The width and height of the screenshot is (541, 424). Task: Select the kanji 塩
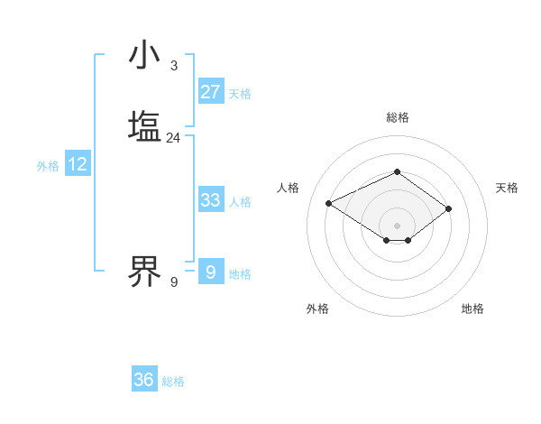click(145, 126)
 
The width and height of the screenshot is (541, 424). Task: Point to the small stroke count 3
click(174, 66)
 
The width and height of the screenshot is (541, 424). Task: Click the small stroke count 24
click(173, 138)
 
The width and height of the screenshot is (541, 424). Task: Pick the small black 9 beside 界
click(174, 282)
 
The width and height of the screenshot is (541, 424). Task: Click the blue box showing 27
click(211, 92)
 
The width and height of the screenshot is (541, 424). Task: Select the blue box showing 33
click(211, 200)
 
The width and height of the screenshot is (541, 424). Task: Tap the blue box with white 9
click(211, 272)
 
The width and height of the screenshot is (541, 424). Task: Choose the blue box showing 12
click(78, 164)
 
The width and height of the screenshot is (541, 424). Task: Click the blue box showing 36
click(144, 380)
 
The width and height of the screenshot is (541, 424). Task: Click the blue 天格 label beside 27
click(240, 94)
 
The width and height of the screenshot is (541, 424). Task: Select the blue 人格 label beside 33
click(240, 202)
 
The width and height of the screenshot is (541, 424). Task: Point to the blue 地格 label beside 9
click(240, 274)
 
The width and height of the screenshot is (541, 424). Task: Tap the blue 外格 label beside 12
click(48, 166)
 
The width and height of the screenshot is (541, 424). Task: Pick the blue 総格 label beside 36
click(173, 382)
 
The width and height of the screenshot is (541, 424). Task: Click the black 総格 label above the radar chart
click(397, 117)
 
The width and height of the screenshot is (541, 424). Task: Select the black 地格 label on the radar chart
click(472, 309)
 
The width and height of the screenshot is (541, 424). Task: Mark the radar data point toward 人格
click(329, 202)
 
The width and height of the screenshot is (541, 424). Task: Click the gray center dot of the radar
click(397, 225)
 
